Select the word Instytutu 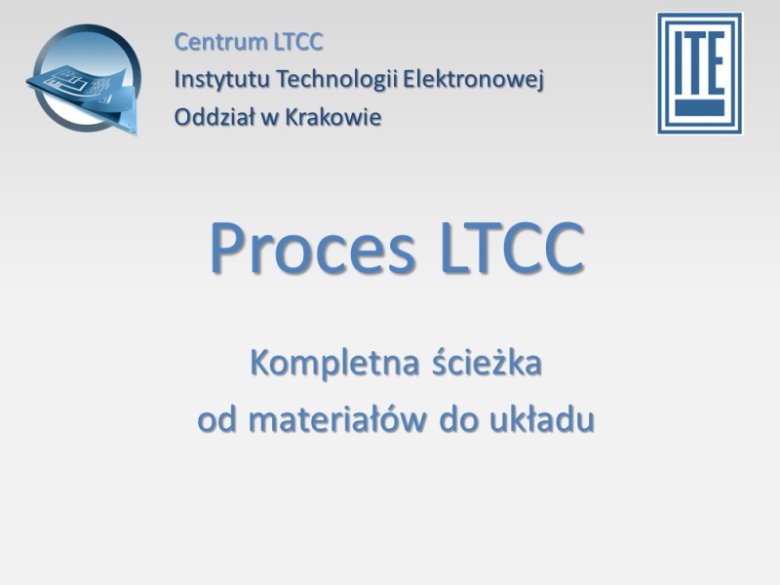click(221, 80)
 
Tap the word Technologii click(336, 80)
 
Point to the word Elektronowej click(474, 80)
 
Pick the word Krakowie click(333, 117)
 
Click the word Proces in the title click(312, 248)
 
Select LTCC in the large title click(513, 248)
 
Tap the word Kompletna click(334, 363)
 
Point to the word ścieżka click(487, 362)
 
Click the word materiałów click(337, 419)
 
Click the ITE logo click(700, 73)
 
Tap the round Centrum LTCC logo click(84, 80)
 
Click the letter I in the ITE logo click(679, 63)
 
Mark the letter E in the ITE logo click(716, 63)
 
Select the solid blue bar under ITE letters click(699, 107)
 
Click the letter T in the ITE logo click(695, 63)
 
